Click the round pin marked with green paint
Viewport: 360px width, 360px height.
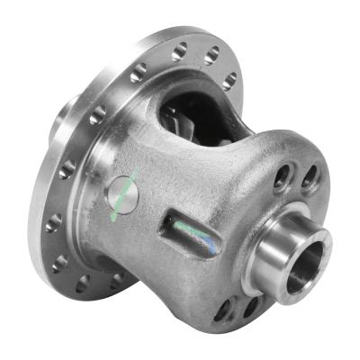pos(122,194)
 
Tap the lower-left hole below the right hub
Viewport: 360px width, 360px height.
pos(222,310)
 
